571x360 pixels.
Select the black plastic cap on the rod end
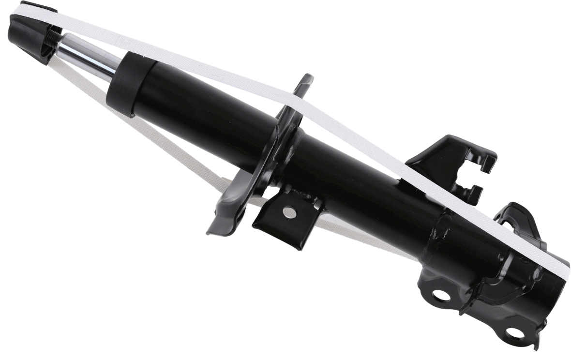(29, 34)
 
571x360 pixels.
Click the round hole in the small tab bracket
(289, 211)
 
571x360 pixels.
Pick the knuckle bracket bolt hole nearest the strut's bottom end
(514, 333)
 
